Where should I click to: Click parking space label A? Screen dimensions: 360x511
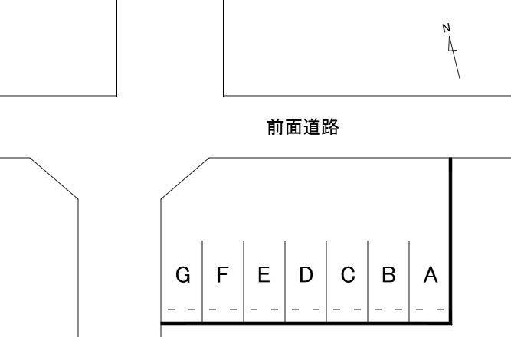(x=431, y=275)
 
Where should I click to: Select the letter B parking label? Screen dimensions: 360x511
(x=388, y=275)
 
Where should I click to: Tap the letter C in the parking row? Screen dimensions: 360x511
(x=347, y=275)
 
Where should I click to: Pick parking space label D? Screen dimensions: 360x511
(x=306, y=275)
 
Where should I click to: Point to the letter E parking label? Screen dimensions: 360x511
(x=264, y=275)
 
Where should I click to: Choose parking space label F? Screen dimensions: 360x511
(x=223, y=275)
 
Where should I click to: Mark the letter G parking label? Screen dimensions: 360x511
(x=182, y=275)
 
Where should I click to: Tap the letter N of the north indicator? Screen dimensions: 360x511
(x=447, y=28)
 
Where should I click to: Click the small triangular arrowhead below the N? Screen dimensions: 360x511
(x=452, y=47)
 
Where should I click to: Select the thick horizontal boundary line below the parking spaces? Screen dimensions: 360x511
(x=306, y=324)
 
